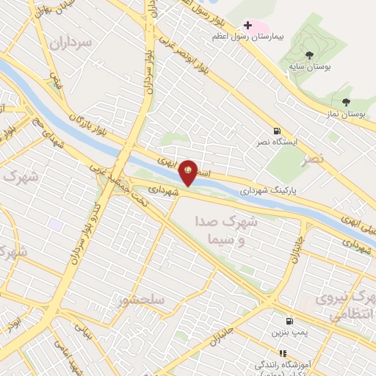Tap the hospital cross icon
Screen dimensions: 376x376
pyautogui.click(x=248, y=26)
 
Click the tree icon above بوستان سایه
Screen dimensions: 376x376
pyautogui.click(x=309, y=55)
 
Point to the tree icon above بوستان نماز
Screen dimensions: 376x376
pyautogui.click(x=346, y=102)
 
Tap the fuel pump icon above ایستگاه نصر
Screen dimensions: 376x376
pyautogui.click(x=276, y=131)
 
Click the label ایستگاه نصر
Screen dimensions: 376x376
pyautogui.click(x=276, y=142)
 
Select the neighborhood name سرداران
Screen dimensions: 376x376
pyautogui.click(x=70, y=43)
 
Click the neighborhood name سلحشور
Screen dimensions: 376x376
pyautogui.click(x=140, y=300)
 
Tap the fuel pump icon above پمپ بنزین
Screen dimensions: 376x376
pyautogui.click(x=289, y=321)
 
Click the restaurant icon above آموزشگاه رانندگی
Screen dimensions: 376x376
pyautogui.click(x=282, y=353)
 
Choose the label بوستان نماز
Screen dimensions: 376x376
pyautogui.click(x=346, y=115)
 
